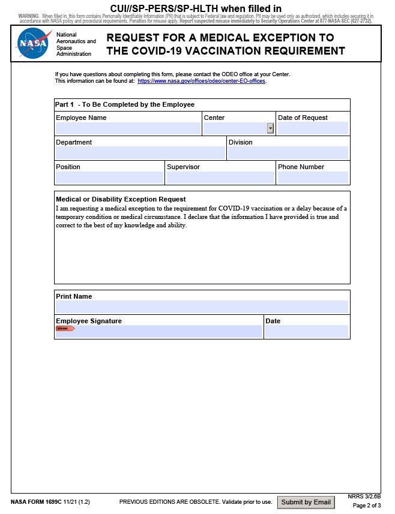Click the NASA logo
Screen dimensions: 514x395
(33, 44)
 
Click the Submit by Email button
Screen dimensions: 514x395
(306, 502)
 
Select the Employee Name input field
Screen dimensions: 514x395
(128, 128)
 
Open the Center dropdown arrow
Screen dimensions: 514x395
(270, 128)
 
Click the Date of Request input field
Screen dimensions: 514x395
(313, 128)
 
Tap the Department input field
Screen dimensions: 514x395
(140, 153)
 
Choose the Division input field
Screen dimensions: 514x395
(288, 153)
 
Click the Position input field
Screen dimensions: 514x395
(109, 178)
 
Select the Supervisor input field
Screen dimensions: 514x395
(220, 178)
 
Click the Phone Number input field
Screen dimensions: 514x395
(313, 178)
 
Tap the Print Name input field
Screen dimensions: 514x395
(202, 306)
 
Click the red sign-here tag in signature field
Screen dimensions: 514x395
(65, 329)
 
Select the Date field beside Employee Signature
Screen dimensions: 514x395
(306, 331)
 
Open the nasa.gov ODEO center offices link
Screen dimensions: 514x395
(201, 80)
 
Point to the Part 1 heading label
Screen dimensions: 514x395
(64, 104)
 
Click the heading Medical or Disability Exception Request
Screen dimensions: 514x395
(121, 199)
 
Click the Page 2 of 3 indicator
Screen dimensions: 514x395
(367, 506)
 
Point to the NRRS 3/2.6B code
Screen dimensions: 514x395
(364, 496)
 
